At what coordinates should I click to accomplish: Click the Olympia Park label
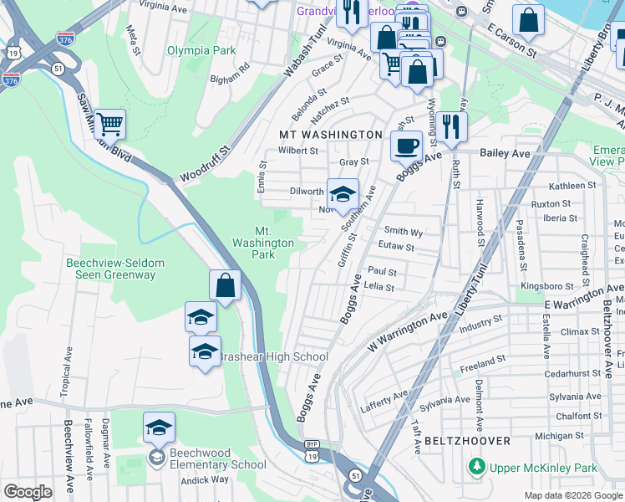201,50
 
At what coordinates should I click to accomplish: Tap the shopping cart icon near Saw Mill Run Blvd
109,125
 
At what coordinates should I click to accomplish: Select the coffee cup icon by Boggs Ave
407,146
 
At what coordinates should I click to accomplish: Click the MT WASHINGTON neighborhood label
330,135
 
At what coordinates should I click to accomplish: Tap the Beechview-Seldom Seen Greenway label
114,269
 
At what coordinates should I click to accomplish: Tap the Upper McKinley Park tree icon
476,464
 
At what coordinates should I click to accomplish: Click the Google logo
28,492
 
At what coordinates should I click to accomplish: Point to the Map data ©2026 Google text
573,495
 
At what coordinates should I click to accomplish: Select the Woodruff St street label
203,165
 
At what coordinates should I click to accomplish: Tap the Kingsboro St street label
541,286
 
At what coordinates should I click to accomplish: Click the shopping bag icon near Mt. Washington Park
225,285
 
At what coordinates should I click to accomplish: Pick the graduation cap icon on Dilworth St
342,195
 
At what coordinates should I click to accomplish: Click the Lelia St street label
379,287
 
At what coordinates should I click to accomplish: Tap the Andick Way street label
205,479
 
